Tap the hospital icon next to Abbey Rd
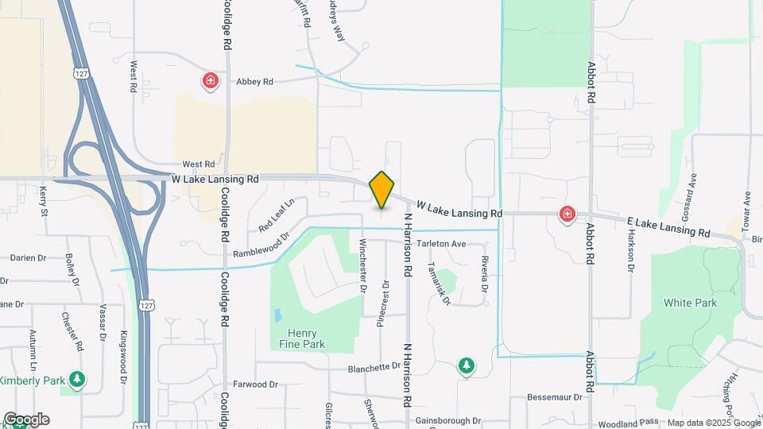(210, 81)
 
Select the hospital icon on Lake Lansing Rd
(567, 214)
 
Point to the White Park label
(690, 303)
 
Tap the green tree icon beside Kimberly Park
(77, 381)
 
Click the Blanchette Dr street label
(374, 367)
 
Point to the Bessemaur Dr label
(556, 395)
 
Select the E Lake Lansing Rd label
(668, 227)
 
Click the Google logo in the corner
(26, 419)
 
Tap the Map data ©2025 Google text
(714, 423)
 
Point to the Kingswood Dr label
(123, 357)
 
